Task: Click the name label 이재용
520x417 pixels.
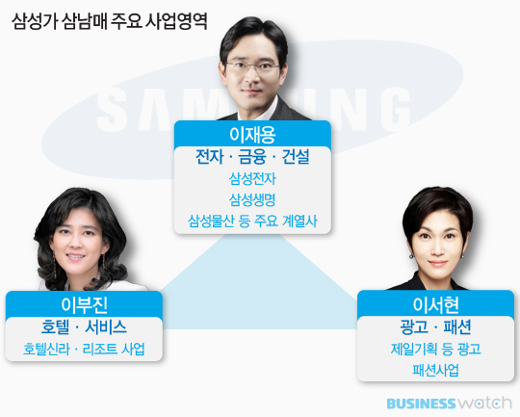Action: [x=252, y=135]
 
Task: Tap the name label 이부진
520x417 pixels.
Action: [x=84, y=305]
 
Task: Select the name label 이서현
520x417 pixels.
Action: [x=435, y=305]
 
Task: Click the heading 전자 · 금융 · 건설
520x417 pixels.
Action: [x=252, y=157]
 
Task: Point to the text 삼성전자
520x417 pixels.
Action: [x=252, y=179]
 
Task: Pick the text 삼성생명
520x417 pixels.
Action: [x=252, y=199]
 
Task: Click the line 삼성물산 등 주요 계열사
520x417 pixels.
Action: [x=252, y=221]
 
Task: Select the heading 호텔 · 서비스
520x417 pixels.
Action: [x=84, y=327]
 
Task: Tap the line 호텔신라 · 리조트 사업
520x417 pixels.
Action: [x=84, y=349]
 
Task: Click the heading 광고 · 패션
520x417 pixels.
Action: [x=435, y=327]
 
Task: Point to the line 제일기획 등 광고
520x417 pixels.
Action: [x=435, y=349]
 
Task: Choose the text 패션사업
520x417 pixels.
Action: [x=435, y=370]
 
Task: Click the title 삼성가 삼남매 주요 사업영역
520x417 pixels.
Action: [x=110, y=22]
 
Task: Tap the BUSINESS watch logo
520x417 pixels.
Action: [x=449, y=404]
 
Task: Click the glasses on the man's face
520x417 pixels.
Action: [x=252, y=67]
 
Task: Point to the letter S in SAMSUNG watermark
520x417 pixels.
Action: [x=112, y=110]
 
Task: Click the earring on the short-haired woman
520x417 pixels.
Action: [x=411, y=256]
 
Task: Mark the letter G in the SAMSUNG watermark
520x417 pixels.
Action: [x=395, y=110]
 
